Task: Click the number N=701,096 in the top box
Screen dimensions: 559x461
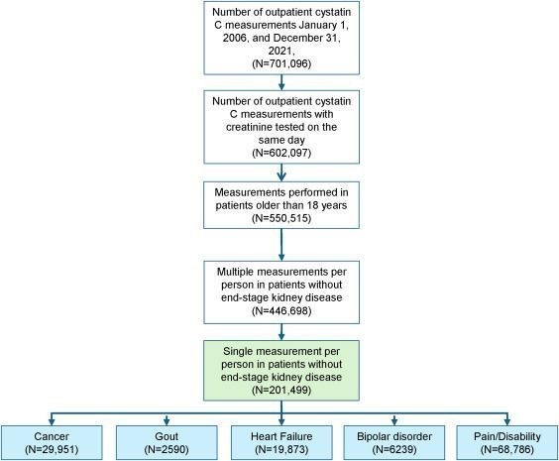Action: tap(281, 63)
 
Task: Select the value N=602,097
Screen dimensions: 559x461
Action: tap(281, 153)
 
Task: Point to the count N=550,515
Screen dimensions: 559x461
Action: tap(281, 218)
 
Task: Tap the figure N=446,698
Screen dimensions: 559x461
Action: tap(281, 311)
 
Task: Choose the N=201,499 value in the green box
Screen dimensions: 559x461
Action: tap(281, 390)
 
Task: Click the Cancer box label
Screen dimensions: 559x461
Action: tap(52, 436)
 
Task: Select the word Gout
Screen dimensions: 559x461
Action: tap(167, 436)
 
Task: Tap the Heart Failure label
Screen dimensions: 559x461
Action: tap(281, 436)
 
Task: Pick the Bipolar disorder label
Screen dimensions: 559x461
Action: tap(394, 436)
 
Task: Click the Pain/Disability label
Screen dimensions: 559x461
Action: tap(507, 436)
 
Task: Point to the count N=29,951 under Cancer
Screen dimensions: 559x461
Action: tap(52, 449)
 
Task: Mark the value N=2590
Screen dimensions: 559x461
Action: tap(167, 449)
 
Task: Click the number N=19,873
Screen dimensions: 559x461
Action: tap(281, 449)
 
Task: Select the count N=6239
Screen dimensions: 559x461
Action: tap(394, 449)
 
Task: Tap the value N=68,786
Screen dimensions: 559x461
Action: tap(507, 449)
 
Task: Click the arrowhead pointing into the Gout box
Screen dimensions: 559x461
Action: tap(167, 421)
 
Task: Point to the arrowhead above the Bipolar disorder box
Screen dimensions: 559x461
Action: tap(393, 421)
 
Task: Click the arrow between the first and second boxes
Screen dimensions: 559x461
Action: tap(281, 82)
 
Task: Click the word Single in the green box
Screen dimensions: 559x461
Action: tap(236, 352)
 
